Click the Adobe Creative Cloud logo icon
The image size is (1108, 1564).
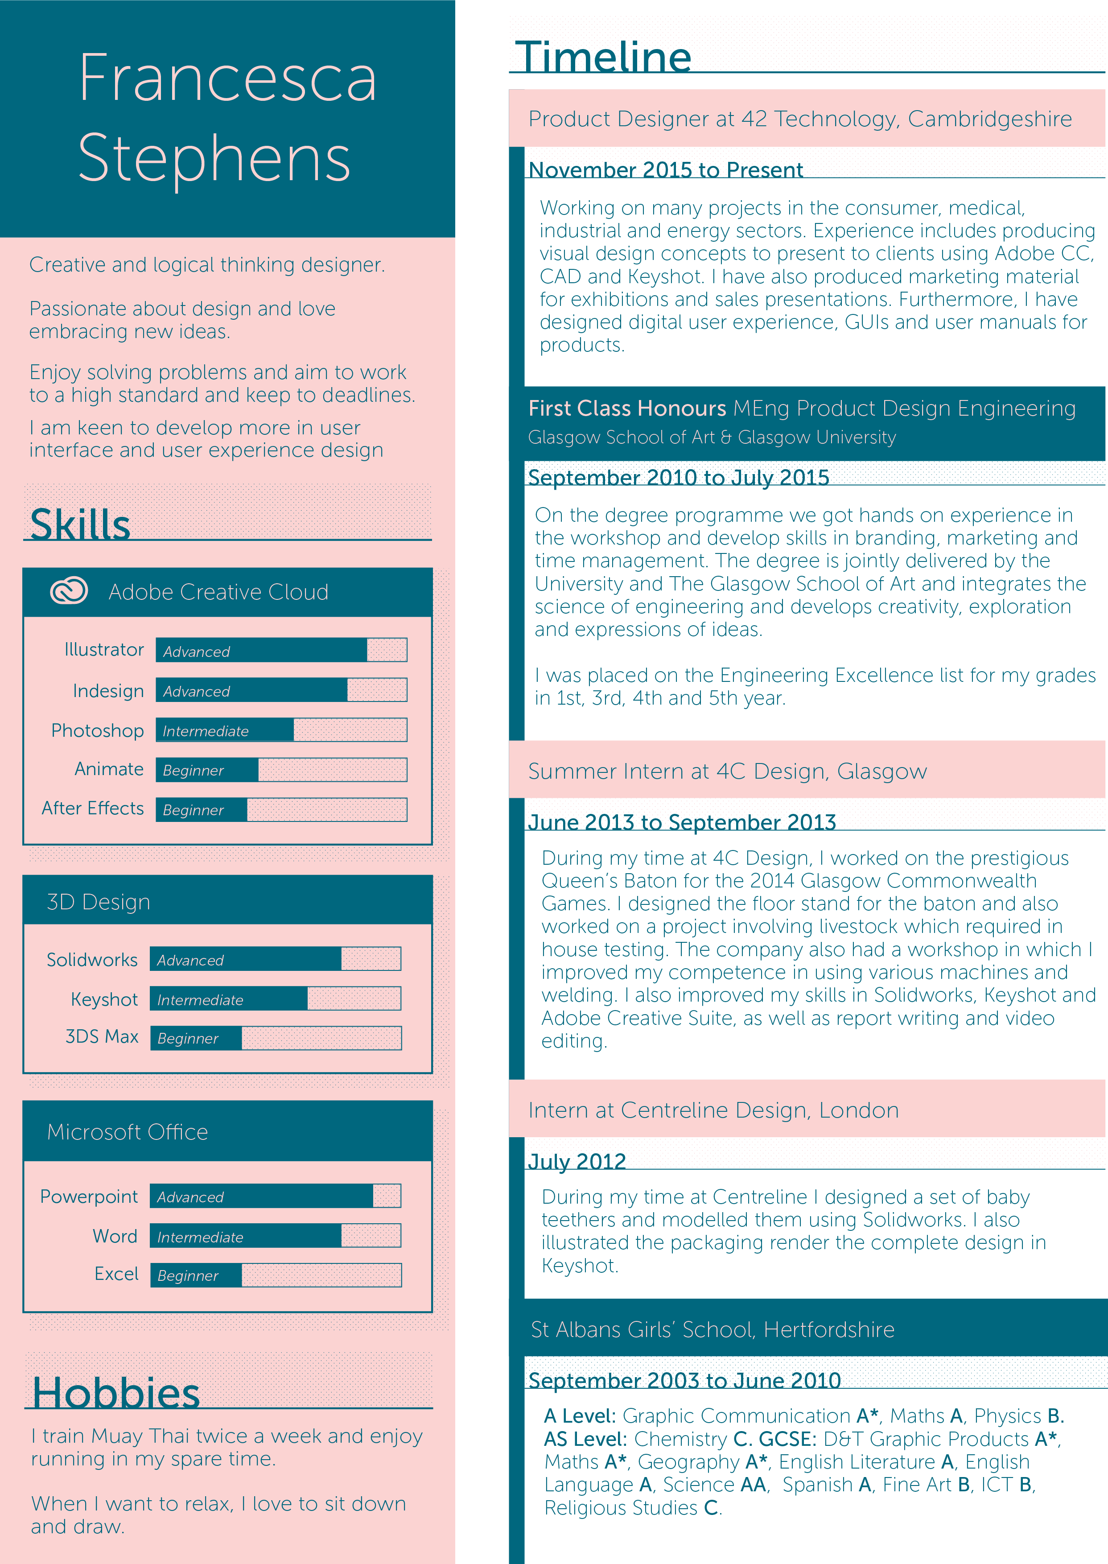pos(69,590)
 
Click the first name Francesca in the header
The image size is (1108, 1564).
pos(227,78)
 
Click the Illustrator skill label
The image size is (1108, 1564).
pos(104,650)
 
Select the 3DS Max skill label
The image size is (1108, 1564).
pos(102,1036)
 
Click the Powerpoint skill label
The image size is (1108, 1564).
pos(89,1197)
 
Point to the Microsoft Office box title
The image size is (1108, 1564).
pos(128,1132)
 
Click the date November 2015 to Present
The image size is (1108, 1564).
pos(666,170)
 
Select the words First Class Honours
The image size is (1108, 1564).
pos(627,408)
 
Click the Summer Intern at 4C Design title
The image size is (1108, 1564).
pos(727,771)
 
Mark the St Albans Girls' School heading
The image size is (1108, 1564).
pos(713,1329)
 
